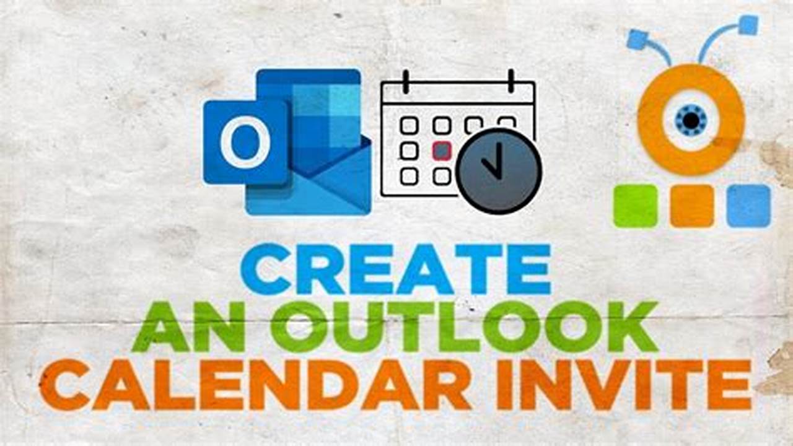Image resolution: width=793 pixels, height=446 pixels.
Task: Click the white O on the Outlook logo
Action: (x=245, y=142)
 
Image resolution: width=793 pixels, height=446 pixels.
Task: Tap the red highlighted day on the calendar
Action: (x=441, y=151)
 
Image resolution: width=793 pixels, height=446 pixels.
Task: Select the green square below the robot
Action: (x=635, y=206)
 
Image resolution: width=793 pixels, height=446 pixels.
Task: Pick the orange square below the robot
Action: (x=692, y=206)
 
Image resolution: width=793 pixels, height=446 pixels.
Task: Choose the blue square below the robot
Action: (x=748, y=206)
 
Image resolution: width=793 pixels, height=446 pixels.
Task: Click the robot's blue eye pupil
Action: (x=691, y=118)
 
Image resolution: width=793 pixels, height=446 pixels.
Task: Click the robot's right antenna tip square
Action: (x=748, y=25)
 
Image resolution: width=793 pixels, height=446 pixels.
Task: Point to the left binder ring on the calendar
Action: (x=406, y=81)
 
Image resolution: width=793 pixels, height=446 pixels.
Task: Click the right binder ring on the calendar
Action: (x=511, y=81)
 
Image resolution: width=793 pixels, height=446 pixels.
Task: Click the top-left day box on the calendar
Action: (x=409, y=126)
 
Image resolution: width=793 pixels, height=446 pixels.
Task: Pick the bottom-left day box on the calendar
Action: (x=409, y=177)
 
